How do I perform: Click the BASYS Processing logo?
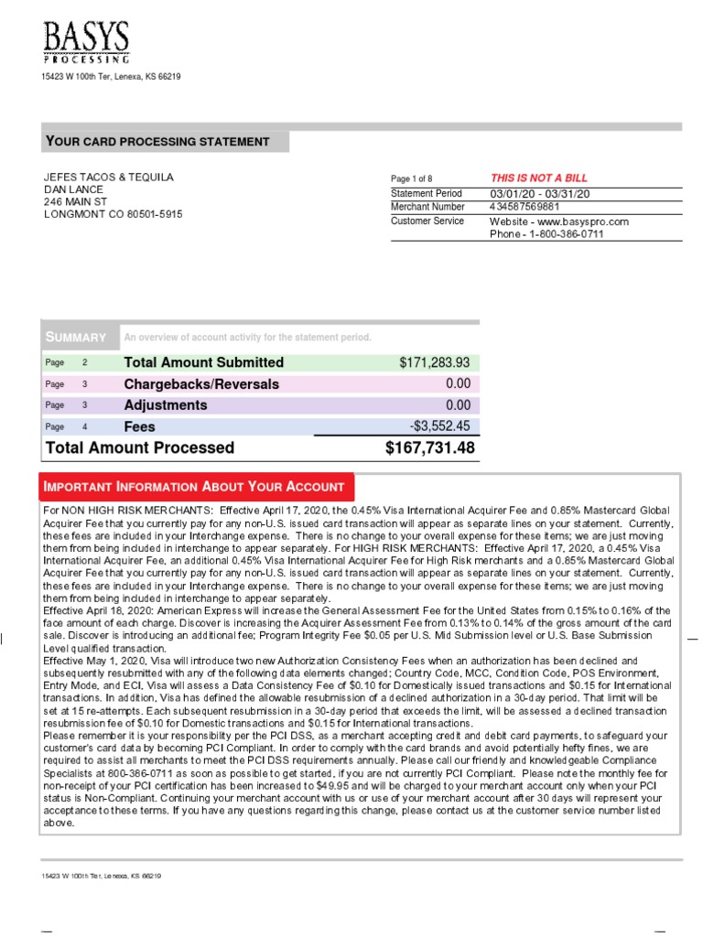coord(87,41)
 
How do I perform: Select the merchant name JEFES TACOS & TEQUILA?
coord(109,177)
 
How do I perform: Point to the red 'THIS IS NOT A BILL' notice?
coord(539,178)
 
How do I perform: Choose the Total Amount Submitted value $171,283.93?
coord(435,362)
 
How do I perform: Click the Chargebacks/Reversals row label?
coord(201,384)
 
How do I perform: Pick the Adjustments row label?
coord(166,405)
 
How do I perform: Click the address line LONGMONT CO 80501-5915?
coord(114,214)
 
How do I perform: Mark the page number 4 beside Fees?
coord(84,426)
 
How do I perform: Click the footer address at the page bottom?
coord(101,876)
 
